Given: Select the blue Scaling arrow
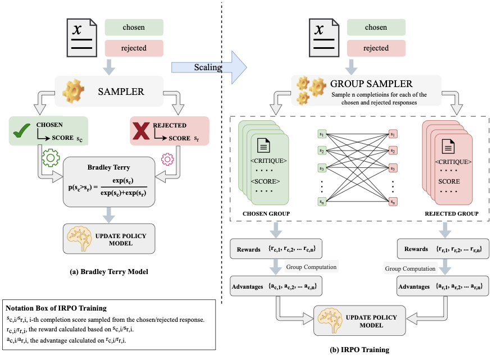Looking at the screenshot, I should pyautogui.click(x=209, y=66).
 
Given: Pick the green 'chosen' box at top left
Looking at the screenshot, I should pyautogui.click(x=134, y=28).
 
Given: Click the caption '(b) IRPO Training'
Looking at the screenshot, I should pyautogui.click(x=359, y=350).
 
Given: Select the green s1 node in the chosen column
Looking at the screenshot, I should pyautogui.click(x=322, y=134).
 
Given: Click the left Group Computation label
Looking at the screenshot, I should pyautogui.click(x=311, y=267).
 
